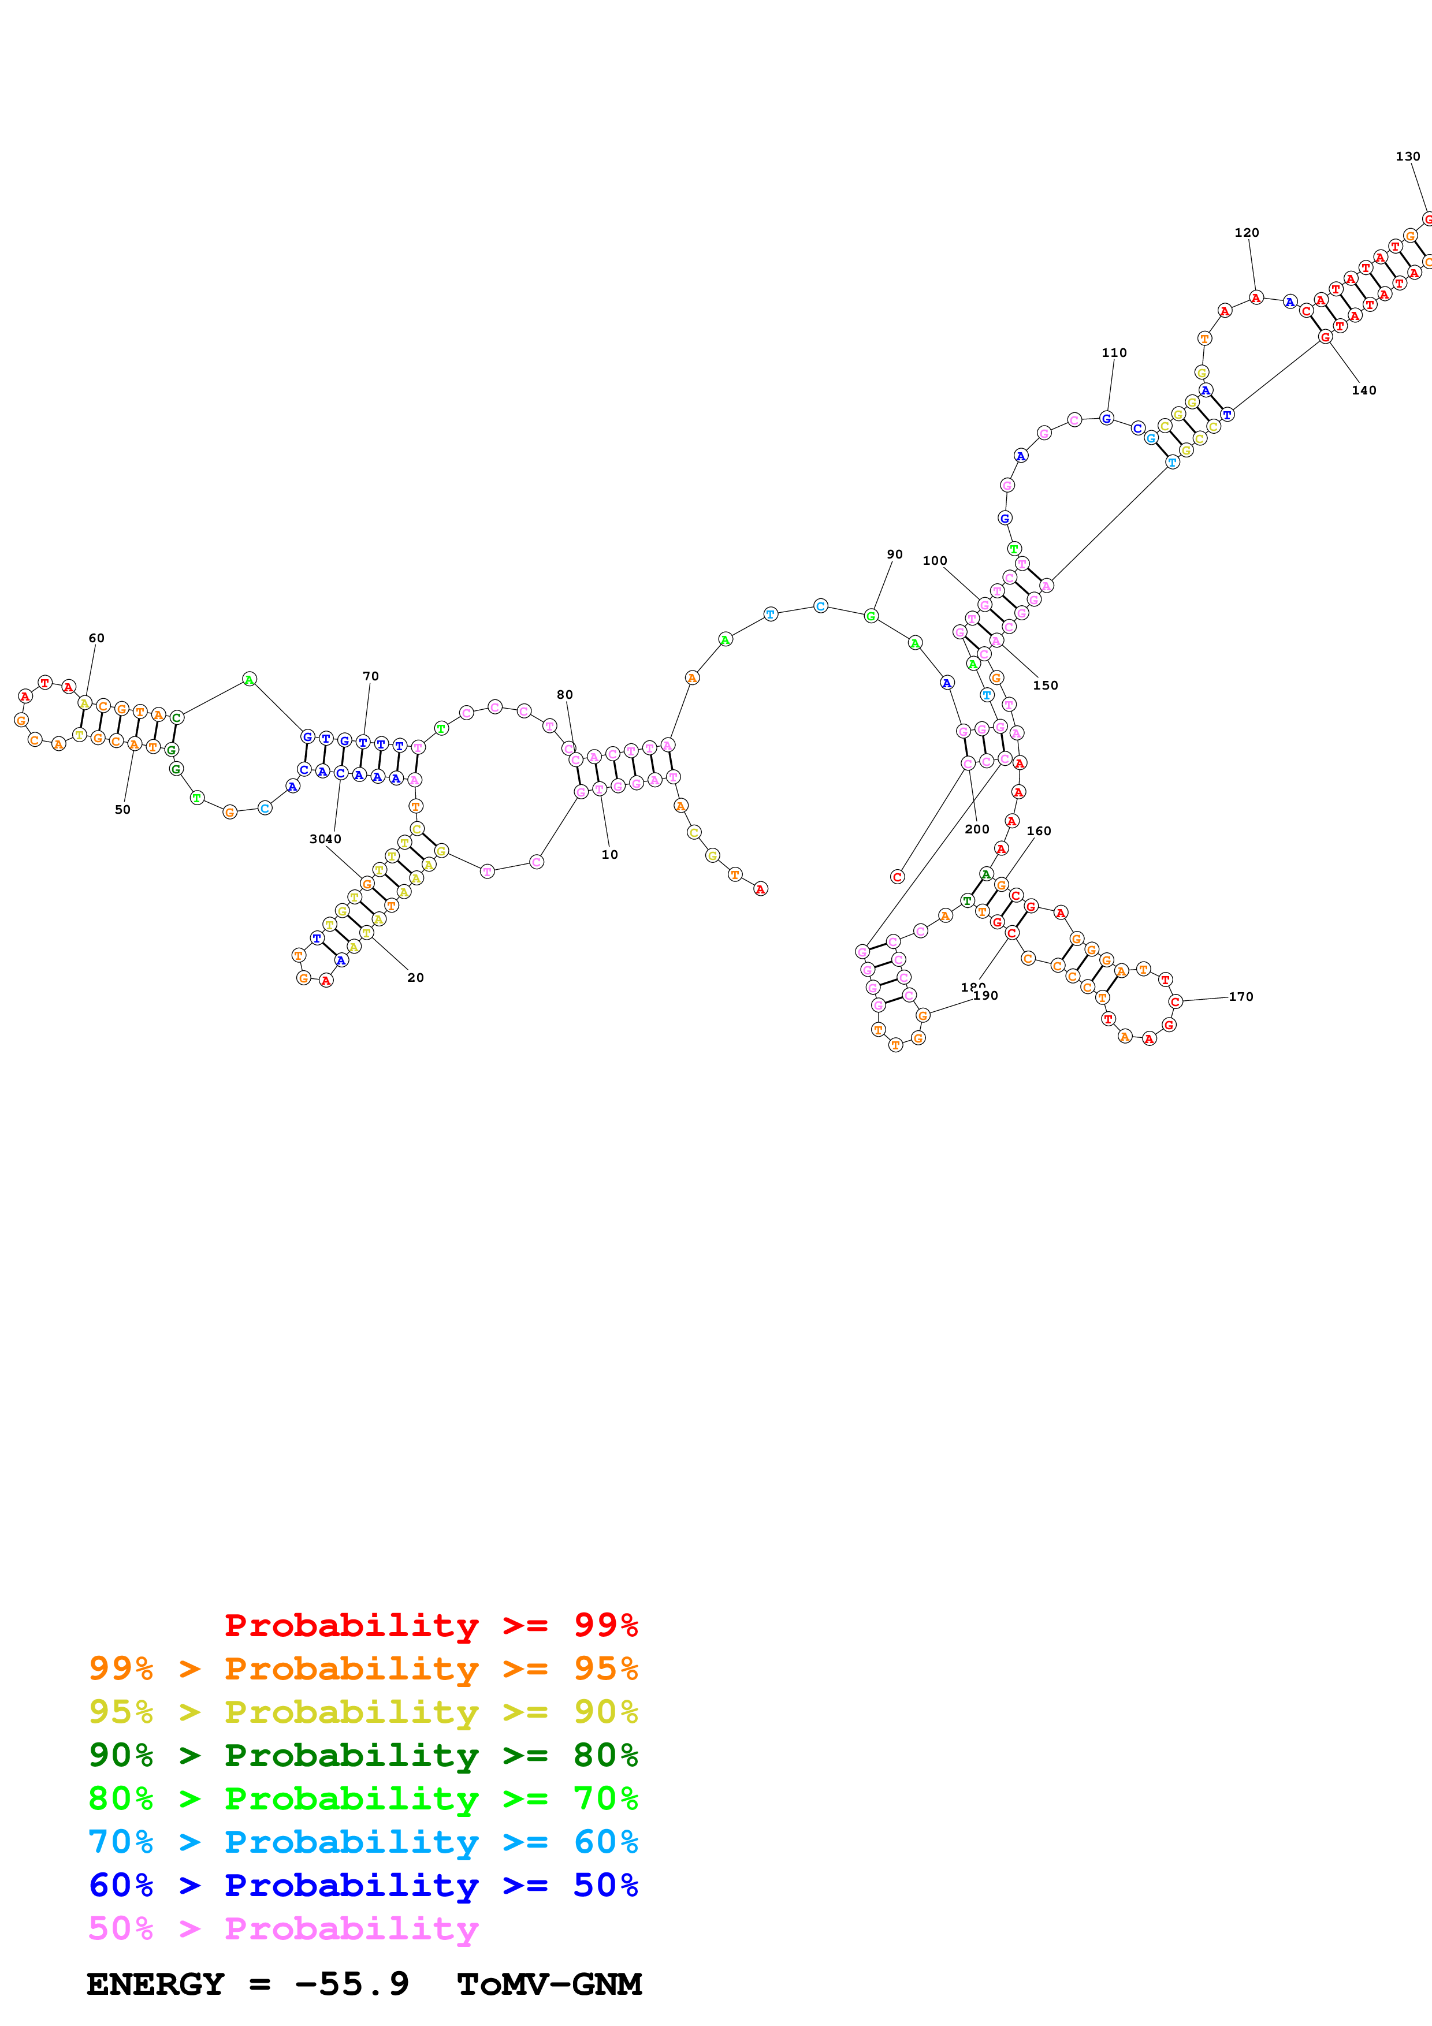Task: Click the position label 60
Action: point(96,638)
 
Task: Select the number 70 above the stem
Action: point(371,676)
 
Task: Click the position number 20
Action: point(415,978)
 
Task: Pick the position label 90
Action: point(895,554)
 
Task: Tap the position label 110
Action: point(1114,352)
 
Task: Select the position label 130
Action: point(1408,156)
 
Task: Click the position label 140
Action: point(1364,390)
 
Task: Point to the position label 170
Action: point(1241,996)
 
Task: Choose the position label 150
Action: point(1046,685)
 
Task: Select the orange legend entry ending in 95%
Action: point(363,1669)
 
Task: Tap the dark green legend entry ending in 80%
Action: point(363,1755)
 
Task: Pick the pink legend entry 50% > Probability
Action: point(283,1928)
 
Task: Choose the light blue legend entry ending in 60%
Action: point(363,1842)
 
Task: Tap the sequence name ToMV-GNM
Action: point(549,1984)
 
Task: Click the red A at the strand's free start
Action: point(761,889)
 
